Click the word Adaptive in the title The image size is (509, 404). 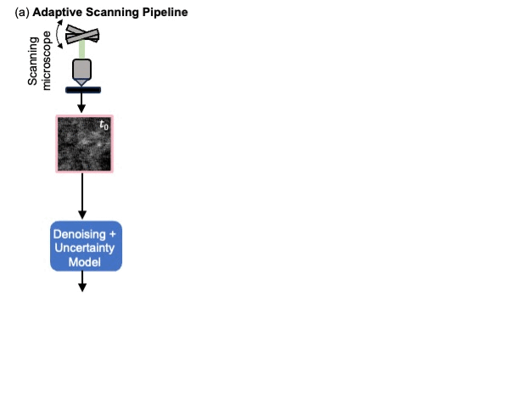(58, 13)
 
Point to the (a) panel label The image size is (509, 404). (22, 13)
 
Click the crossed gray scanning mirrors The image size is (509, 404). (82, 35)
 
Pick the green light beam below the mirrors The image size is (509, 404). (81, 50)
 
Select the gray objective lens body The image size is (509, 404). (81, 69)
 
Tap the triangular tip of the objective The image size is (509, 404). (81, 82)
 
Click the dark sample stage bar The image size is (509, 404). (83, 90)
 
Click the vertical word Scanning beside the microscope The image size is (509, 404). (33, 61)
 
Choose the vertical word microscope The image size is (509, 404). (46, 61)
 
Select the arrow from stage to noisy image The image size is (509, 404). (81, 103)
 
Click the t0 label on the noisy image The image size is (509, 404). (103, 125)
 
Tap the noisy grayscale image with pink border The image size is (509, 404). (84, 143)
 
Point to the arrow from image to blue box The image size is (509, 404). (82, 196)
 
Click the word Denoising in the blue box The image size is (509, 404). (80, 234)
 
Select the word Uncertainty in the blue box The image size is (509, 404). (85, 248)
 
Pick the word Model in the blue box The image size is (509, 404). (85, 262)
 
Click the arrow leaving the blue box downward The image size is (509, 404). (82, 281)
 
